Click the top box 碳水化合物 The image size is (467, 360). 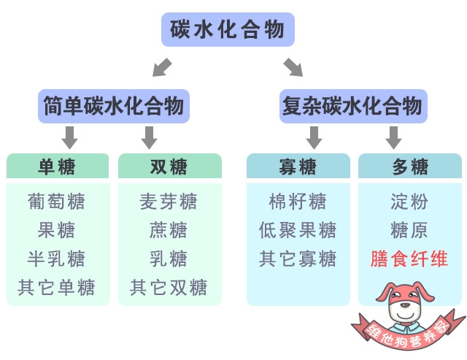(228, 30)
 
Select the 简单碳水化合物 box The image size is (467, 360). (114, 107)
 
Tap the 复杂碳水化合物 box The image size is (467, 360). (351, 107)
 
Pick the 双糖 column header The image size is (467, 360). (169, 166)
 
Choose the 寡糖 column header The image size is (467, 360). (298, 166)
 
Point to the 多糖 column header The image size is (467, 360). (410, 166)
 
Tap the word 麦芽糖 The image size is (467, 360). (169, 202)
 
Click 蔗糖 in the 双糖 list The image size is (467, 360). (169, 230)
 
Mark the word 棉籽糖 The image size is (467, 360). (298, 202)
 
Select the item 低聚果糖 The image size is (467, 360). (298, 230)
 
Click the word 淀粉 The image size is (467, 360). (410, 202)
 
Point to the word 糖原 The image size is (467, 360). (410, 230)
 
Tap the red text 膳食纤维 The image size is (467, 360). (410, 258)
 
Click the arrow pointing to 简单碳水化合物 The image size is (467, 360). (163, 67)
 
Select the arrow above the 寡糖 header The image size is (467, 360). (314, 137)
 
